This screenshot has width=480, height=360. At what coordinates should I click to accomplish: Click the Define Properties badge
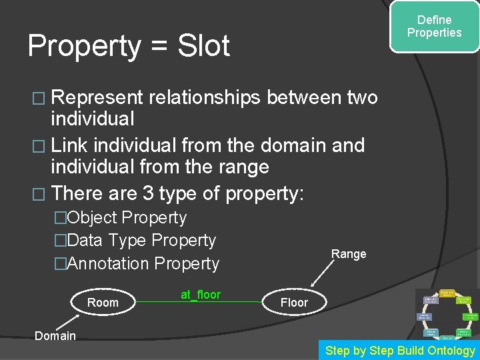pyautogui.click(x=434, y=27)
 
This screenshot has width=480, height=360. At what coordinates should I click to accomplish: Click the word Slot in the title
pyautogui.click(x=204, y=46)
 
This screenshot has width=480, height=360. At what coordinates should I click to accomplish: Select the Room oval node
pyautogui.click(x=103, y=303)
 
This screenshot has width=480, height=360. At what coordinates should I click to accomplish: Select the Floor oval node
pyautogui.click(x=294, y=303)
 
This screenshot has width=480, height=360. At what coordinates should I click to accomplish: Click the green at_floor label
pyautogui.click(x=201, y=294)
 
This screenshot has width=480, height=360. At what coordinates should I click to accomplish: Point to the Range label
pyautogui.click(x=349, y=254)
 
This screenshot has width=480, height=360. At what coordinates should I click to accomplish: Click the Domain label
pyautogui.click(x=55, y=335)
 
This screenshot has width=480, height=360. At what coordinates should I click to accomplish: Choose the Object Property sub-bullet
pyautogui.click(x=127, y=218)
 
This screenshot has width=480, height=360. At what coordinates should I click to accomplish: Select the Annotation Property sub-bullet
pyautogui.click(x=143, y=263)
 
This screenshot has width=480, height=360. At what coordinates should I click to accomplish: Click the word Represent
pyautogui.click(x=97, y=98)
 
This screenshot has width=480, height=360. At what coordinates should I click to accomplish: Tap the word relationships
pyautogui.click(x=205, y=98)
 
